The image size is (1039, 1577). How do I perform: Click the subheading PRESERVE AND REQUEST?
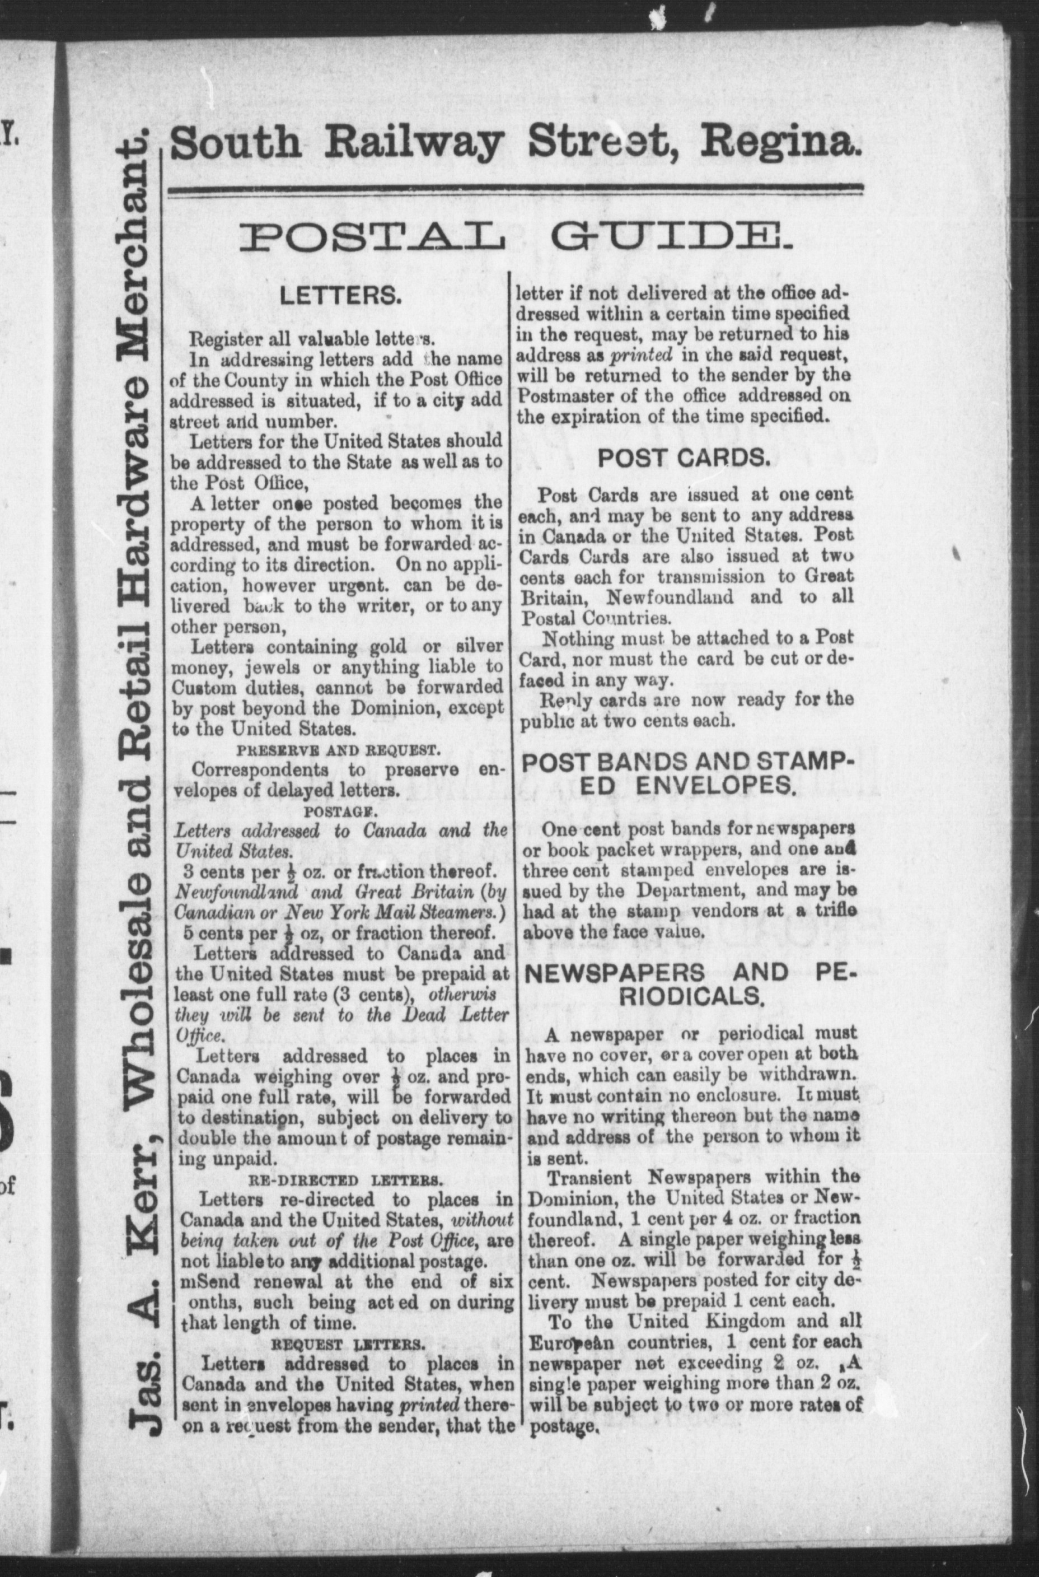[x=338, y=750]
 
